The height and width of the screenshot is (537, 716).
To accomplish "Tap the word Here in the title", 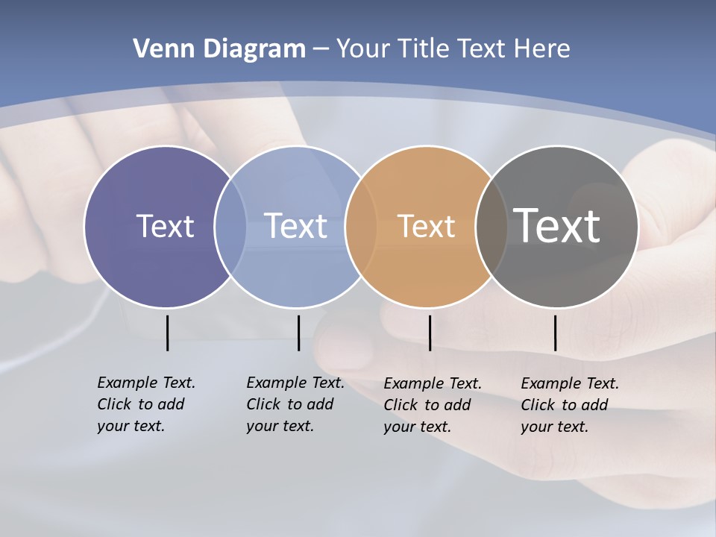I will pos(542,49).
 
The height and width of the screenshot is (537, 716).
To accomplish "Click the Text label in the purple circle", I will pos(165,226).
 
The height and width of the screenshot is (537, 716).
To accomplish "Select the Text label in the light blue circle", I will pos(295,226).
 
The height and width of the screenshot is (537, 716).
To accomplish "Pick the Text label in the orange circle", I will pos(426,226).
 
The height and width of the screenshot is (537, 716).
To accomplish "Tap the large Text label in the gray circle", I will pos(557,226).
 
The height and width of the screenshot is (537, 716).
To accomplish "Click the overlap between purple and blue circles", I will pos(230,226).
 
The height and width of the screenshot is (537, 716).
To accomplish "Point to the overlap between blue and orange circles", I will pos(361,226).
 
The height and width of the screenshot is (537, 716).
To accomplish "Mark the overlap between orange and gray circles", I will pos(492,226).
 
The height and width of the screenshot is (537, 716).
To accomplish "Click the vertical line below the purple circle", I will pos(167,333).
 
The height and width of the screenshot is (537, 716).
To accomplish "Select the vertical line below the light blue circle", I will pos(298,333).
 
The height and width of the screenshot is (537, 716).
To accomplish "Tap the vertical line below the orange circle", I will pos(430,333).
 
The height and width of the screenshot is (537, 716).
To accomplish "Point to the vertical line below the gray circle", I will pos(555,333).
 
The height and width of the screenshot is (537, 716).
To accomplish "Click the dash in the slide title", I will pos(321,50).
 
